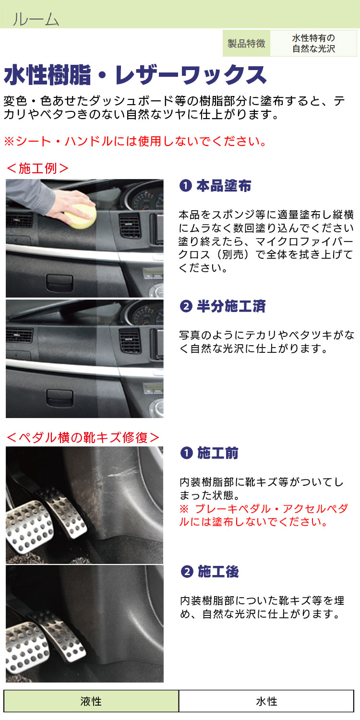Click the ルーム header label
[x=36, y=19]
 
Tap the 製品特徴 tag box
[x=247, y=43]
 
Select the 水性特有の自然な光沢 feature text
[x=313, y=43]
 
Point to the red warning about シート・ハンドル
[x=135, y=141]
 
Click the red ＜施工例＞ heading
[x=37, y=168]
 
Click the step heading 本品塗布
[x=224, y=186]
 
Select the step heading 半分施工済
[x=231, y=306]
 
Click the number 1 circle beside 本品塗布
[x=185, y=186]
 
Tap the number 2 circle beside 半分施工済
[x=186, y=306]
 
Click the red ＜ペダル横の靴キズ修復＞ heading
[x=83, y=437]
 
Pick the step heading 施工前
[x=217, y=453]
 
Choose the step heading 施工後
[x=218, y=572]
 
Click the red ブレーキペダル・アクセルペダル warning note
[x=264, y=515]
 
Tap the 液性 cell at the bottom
[x=91, y=701]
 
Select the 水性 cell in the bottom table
[x=266, y=701]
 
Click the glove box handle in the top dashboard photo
[x=60, y=283]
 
